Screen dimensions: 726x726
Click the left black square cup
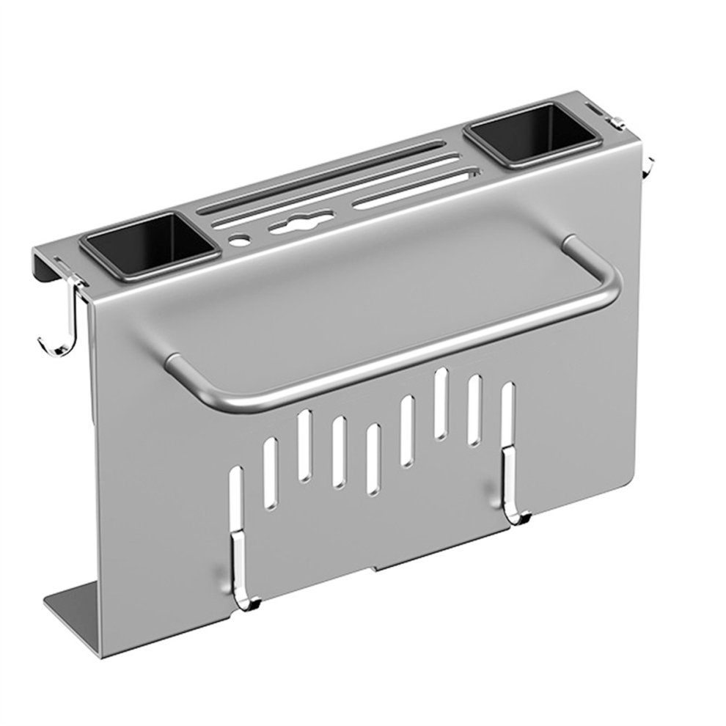click(x=150, y=246)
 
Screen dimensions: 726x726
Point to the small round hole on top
click(x=238, y=240)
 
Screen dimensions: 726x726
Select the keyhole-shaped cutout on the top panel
click(x=296, y=223)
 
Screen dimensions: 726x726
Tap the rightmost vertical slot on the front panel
click(x=507, y=418)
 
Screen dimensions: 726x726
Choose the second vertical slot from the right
click(x=474, y=411)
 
